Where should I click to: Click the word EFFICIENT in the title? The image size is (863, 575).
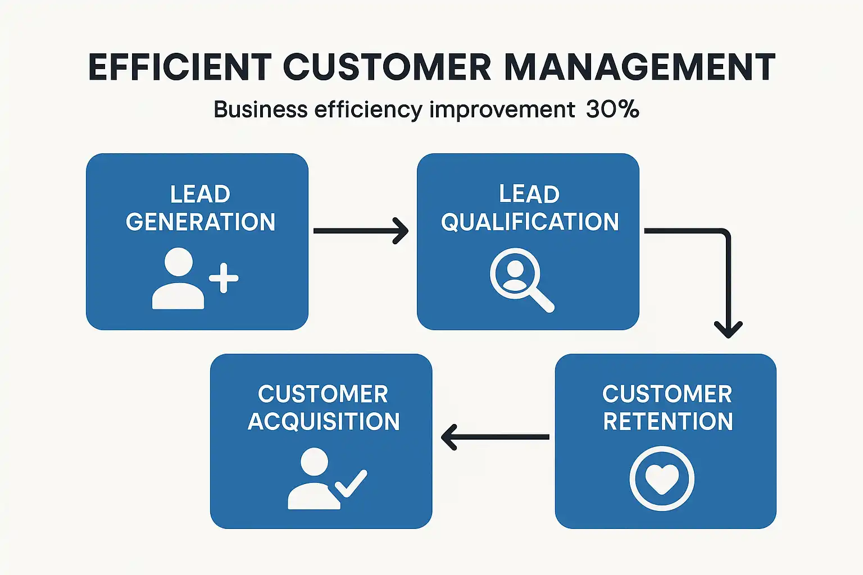[x=180, y=67]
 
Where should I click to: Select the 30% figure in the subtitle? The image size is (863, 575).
[x=612, y=109]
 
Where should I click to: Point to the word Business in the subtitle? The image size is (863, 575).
[x=261, y=109]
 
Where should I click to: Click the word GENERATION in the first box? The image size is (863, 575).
[x=201, y=222]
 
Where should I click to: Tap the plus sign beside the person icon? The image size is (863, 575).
[x=224, y=278]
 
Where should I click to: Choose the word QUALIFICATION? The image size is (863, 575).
[x=530, y=222]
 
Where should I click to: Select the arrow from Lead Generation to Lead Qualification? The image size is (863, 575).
[x=361, y=231]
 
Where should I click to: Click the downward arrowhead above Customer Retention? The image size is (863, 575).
[x=728, y=330]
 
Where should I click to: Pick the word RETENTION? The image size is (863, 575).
[x=668, y=421]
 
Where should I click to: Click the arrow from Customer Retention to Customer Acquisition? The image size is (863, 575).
[x=495, y=437]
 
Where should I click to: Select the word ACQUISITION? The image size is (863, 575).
[x=324, y=421]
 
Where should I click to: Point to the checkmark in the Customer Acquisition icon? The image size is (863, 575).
[x=351, y=483]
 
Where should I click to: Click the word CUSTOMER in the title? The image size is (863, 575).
[x=387, y=67]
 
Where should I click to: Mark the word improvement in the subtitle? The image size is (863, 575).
[x=502, y=109]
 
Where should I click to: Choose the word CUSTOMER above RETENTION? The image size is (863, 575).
[x=667, y=394]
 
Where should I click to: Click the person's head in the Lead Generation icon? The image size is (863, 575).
[x=178, y=262]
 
